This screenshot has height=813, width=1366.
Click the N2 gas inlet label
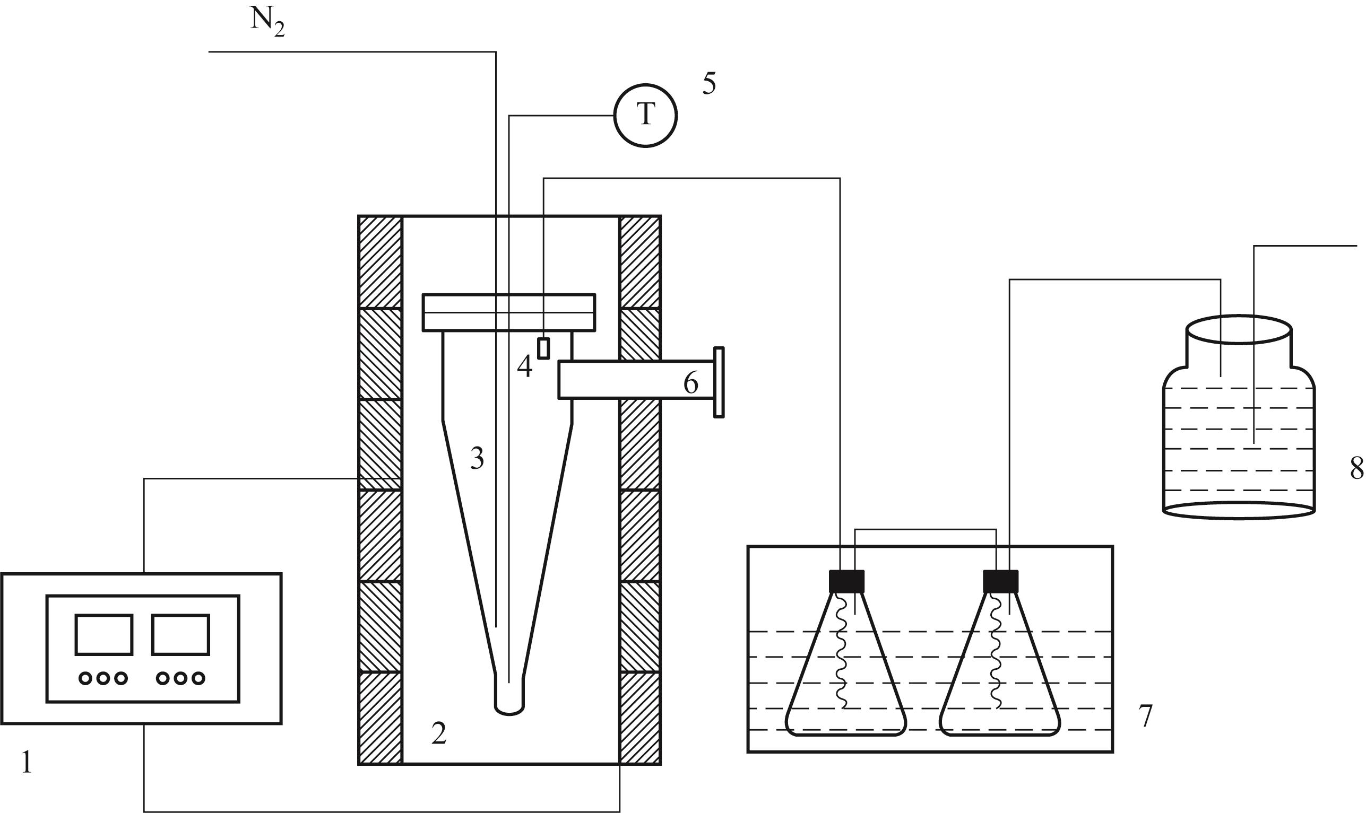pos(267,23)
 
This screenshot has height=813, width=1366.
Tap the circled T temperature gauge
pos(646,116)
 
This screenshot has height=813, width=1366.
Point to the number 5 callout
pos(710,84)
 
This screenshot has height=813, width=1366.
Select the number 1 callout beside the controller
pos(27,763)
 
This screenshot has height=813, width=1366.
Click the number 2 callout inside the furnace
pos(438,734)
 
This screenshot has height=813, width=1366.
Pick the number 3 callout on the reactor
pos(477,458)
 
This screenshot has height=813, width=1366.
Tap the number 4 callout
pos(524,366)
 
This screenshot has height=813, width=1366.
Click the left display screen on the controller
pos(104,634)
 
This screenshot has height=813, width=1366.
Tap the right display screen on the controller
pos(181,634)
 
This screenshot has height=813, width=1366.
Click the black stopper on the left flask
pos(846,581)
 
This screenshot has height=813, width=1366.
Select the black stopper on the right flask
pos(1000,581)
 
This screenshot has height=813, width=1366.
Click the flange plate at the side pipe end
pos(719,382)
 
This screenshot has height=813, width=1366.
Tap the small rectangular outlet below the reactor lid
pos(543,348)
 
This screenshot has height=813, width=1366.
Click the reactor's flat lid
pos(509,312)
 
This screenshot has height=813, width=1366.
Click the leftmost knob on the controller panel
pos(85,678)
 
